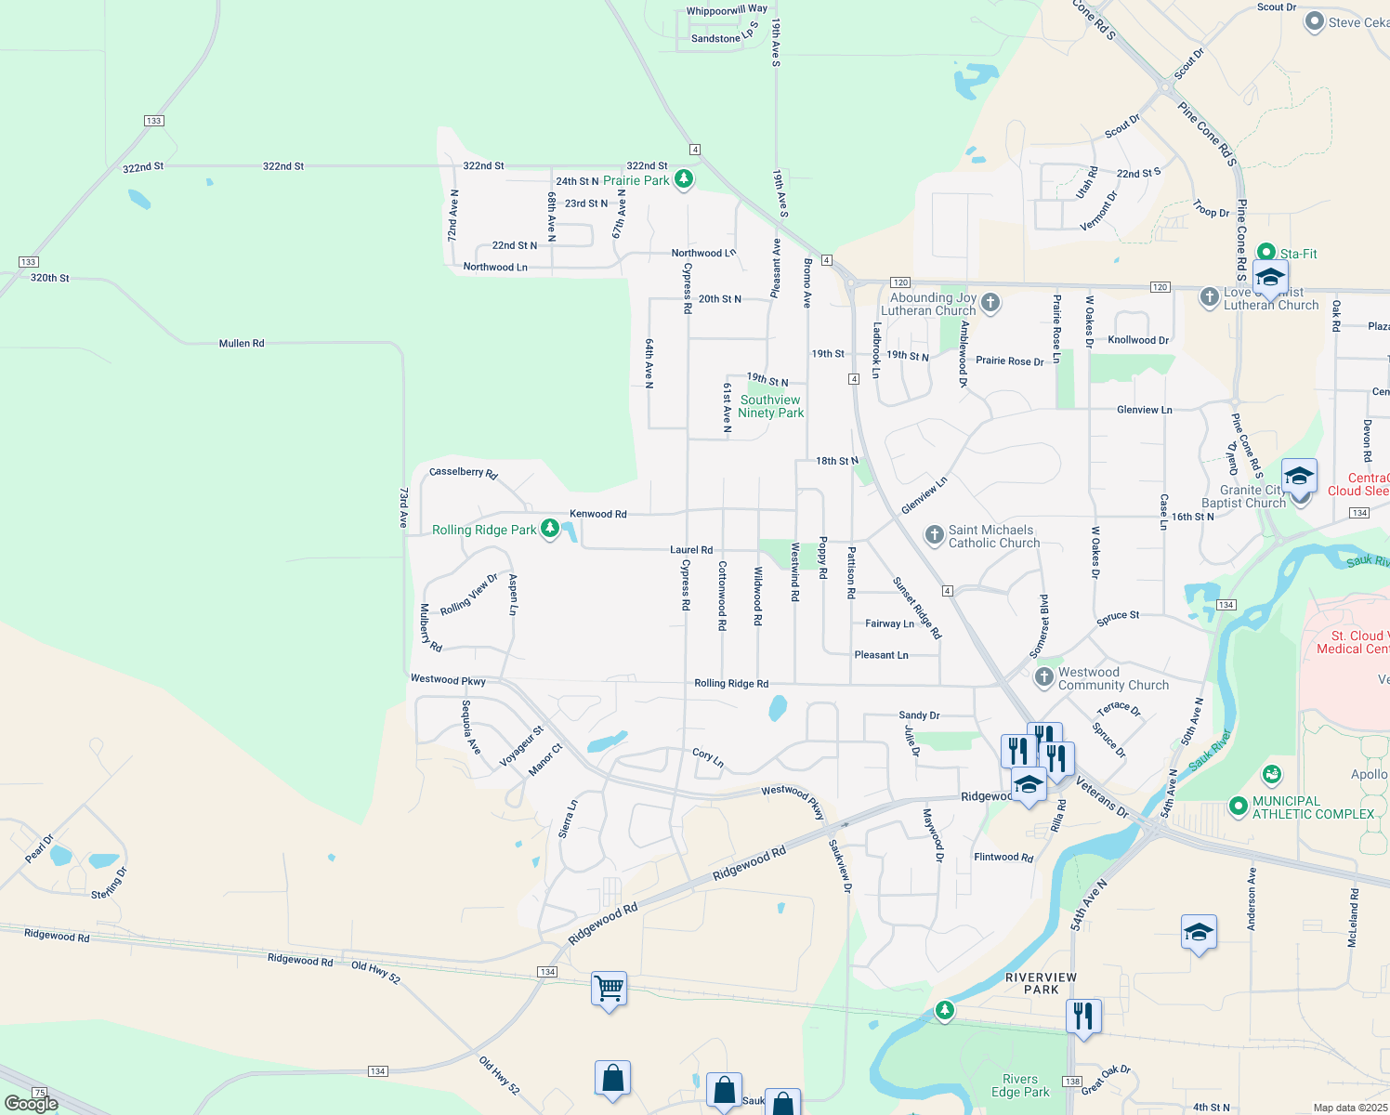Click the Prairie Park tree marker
[x=684, y=178]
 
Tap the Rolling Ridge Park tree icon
[x=550, y=529]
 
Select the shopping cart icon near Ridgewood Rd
[x=609, y=990]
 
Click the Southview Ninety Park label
[x=770, y=406]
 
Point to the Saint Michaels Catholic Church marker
[x=934, y=534]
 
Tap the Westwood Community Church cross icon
[x=1044, y=677]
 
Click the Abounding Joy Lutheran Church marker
[x=990, y=302]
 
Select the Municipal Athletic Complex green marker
[x=1238, y=806]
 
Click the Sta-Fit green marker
[x=1265, y=253]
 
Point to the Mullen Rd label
[x=242, y=344]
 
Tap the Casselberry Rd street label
[x=463, y=473]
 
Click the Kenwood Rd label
[x=597, y=514]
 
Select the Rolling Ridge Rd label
[x=731, y=683]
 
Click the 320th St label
[x=50, y=278]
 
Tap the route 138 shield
[x=1072, y=1082]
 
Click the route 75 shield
[x=39, y=1093]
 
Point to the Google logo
[x=31, y=1104]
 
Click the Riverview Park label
[x=1041, y=983]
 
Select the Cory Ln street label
[x=708, y=758]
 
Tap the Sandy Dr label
[x=919, y=715]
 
